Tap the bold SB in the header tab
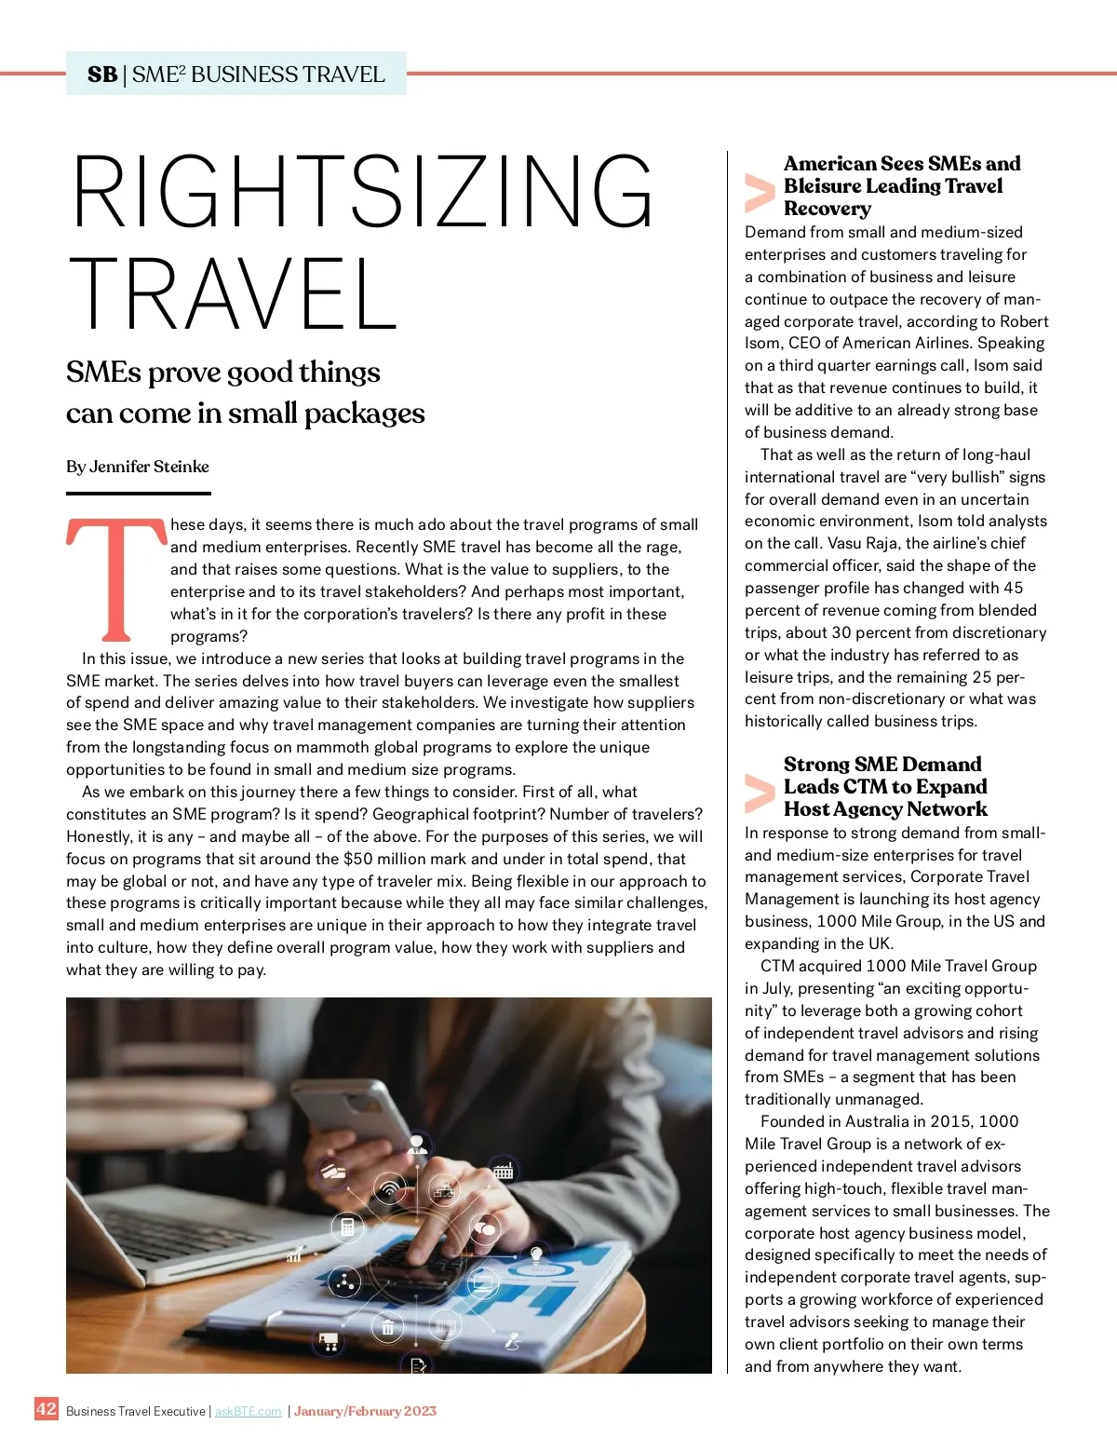pos(102,75)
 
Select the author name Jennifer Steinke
pos(149,467)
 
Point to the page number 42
pos(47,1408)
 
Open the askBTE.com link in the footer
pos(248,1412)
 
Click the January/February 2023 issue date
pos(365,1412)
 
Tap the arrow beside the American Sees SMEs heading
pos(760,192)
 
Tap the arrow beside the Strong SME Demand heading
pos(760,793)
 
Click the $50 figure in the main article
pos(359,859)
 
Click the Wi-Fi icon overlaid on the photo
pos(389,1189)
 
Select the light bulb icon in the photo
pos(536,1253)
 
